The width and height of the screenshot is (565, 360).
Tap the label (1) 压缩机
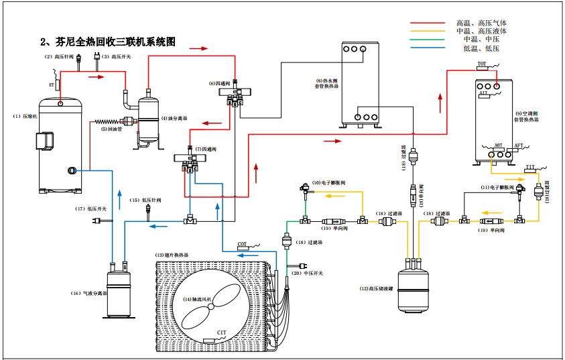23,116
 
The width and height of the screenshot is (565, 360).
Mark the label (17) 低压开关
90,208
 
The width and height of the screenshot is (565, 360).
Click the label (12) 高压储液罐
377,288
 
